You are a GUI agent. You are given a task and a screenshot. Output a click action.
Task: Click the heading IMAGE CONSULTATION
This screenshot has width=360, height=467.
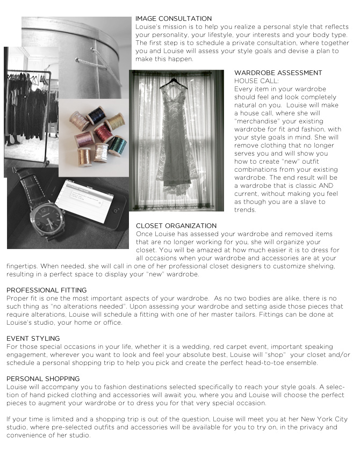[174, 19]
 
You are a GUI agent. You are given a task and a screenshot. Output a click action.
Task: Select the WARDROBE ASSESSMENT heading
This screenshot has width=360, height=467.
[278, 73]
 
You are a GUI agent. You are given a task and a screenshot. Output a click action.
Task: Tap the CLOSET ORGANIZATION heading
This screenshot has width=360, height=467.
[176, 226]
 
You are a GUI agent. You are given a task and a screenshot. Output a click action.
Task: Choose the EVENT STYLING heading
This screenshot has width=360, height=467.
[33, 339]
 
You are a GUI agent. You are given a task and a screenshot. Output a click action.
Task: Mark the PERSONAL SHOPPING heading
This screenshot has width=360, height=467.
[43, 379]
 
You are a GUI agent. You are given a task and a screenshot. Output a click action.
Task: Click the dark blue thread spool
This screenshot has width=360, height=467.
[97, 115]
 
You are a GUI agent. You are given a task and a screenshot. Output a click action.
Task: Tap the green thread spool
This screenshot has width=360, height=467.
[118, 145]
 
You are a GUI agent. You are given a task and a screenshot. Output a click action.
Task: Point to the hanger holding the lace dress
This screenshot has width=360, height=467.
[174, 81]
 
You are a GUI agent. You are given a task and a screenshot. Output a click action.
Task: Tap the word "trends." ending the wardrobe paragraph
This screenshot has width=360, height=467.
[245, 210]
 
